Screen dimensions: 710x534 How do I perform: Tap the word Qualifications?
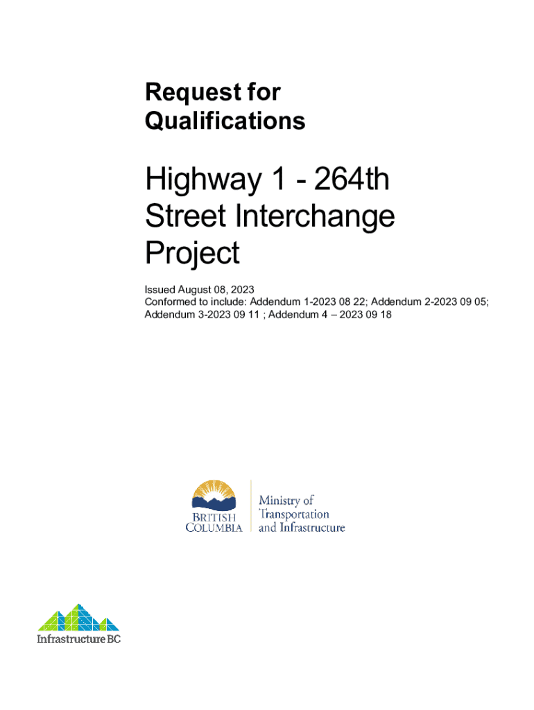pyautogui.click(x=225, y=121)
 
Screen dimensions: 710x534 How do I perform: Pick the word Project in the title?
pyautogui.click(x=192, y=254)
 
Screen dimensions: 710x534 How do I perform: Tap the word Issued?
pyautogui.click(x=159, y=289)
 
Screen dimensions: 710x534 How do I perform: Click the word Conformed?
pyautogui.click(x=169, y=302)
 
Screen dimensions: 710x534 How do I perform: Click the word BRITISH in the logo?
pyautogui.click(x=214, y=517)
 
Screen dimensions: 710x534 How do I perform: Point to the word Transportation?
pyautogui.click(x=293, y=514)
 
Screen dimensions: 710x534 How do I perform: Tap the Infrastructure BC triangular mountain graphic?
pyautogui.click(x=78, y=617)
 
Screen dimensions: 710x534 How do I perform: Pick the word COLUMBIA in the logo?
pyautogui.click(x=214, y=528)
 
